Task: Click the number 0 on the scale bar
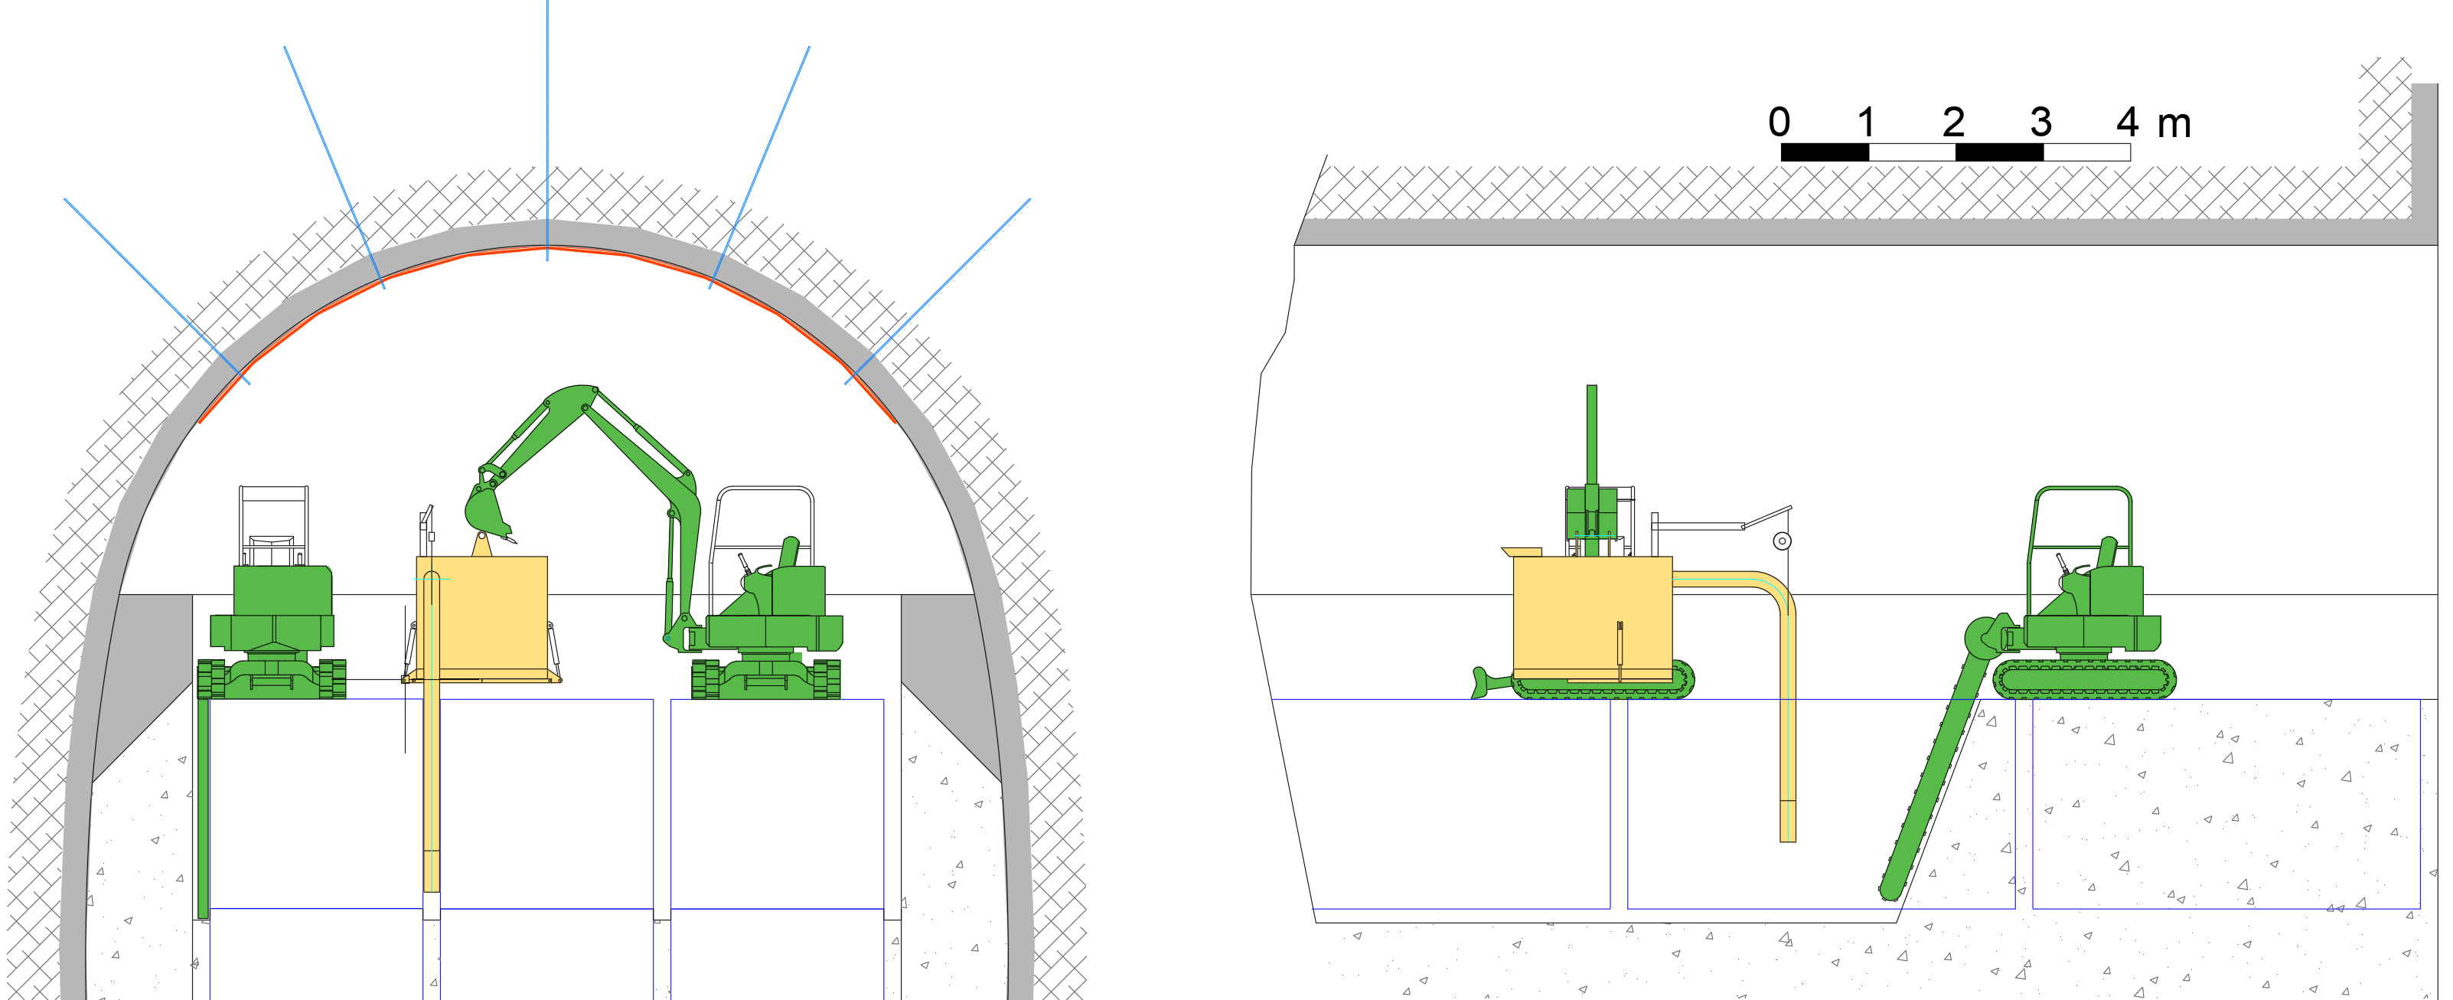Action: point(1779,122)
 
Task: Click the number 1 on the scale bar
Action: point(1867,122)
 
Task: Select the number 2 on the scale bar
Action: point(1953,122)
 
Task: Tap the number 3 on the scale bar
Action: point(2040,122)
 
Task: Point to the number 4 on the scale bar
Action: point(2127,122)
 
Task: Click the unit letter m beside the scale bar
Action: point(2174,126)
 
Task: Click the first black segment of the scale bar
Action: point(1825,152)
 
